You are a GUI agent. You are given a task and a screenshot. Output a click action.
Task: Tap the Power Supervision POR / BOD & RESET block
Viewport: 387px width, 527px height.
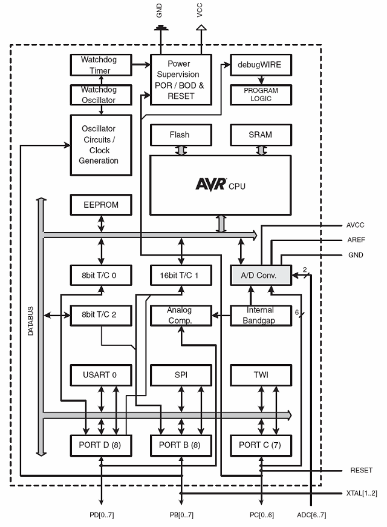pos(181,79)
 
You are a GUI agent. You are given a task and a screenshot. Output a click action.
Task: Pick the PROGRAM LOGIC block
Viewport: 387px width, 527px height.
pos(261,94)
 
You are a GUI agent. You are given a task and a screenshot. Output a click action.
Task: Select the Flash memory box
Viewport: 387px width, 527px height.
pos(180,134)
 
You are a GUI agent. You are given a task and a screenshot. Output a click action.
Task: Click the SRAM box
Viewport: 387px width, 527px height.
pos(261,134)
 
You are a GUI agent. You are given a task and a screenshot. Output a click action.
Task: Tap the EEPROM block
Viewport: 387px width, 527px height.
pos(101,205)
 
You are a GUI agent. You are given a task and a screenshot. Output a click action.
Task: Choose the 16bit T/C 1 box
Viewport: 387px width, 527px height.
pos(181,275)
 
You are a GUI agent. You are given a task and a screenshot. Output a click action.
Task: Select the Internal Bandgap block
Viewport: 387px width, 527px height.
pos(261,315)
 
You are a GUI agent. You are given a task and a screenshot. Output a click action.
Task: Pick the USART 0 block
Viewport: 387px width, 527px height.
pos(101,375)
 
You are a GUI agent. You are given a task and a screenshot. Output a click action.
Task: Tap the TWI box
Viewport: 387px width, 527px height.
pos(261,375)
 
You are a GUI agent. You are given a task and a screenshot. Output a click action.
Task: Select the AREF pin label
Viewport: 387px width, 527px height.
pos(356,240)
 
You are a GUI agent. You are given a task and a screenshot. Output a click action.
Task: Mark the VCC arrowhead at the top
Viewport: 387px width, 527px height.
pos(201,27)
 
